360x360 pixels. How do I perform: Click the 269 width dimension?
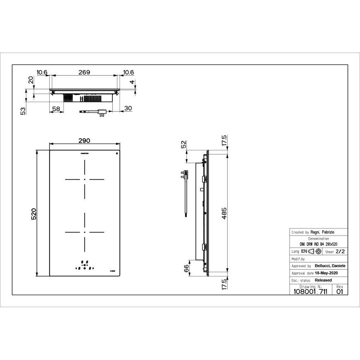click(x=84, y=72)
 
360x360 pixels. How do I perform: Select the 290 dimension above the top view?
click(x=84, y=141)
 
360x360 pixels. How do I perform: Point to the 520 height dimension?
click(x=34, y=214)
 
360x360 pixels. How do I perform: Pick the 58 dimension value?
click(x=56, y=108)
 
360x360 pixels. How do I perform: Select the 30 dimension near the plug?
click(x=128, y=108)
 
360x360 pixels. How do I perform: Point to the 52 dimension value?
click(x=184, y=145)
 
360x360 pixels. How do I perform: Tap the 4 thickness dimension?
click(x=133, y=82)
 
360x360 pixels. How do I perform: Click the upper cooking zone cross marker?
click(x=84, y=180)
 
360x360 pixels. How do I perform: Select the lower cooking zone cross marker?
click(x=84, y=232)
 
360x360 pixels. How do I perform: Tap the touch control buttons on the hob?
click(x=84, y=265)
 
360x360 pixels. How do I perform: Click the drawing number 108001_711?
click(x=310, y=292)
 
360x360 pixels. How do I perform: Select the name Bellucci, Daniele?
click(x=330, y=266)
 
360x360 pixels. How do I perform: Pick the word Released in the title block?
click(x=323, y=280)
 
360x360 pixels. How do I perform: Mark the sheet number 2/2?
click(x=340, y=252)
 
